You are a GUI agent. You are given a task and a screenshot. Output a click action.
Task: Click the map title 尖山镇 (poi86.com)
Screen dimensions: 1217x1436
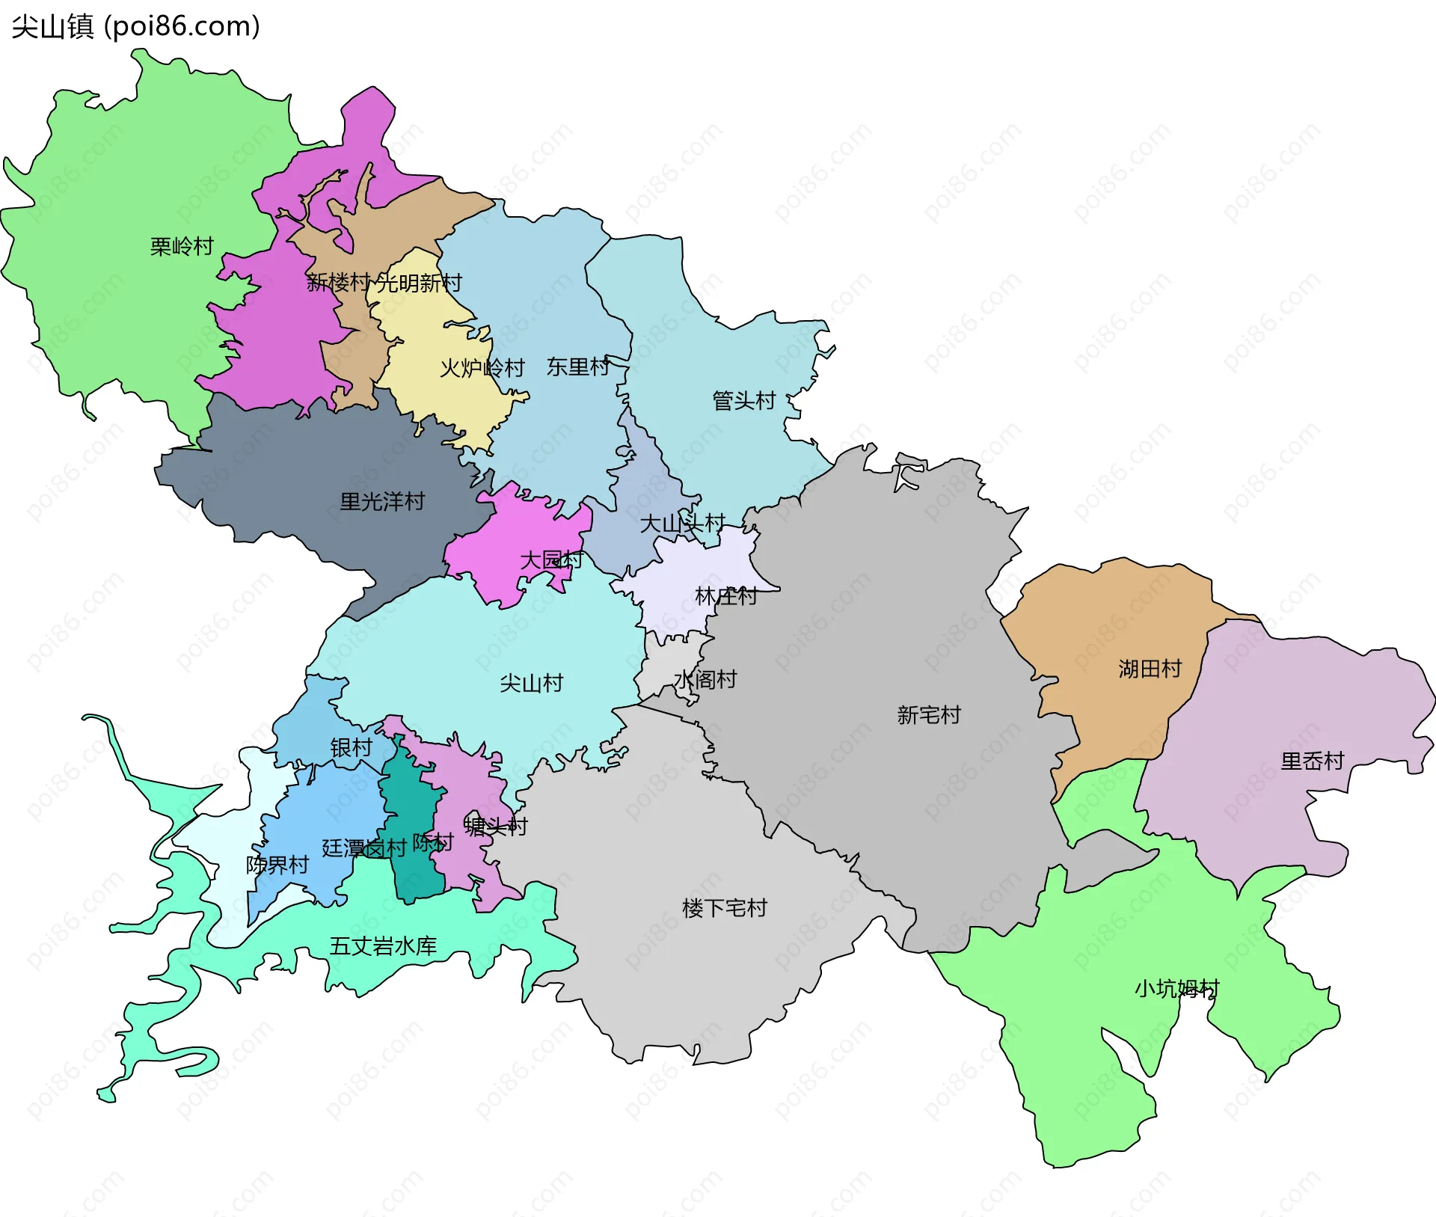click(x=135, y=26)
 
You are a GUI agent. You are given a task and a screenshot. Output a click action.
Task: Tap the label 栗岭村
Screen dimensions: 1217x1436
click(x=182, y=246)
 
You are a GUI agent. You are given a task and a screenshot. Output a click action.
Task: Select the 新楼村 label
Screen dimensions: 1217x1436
click(x=338, y=282)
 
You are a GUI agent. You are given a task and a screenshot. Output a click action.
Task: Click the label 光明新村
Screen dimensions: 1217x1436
click(x=420, y=283)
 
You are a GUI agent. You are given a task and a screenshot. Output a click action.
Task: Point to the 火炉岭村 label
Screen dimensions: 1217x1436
click(x=482, y=368)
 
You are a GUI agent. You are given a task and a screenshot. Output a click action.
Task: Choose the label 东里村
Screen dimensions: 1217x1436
click(x=578, y=367)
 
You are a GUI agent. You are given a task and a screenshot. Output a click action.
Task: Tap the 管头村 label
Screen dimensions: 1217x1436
click(x=743, y=400)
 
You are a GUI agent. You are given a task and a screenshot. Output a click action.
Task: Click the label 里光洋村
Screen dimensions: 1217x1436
click(x=382, y=501)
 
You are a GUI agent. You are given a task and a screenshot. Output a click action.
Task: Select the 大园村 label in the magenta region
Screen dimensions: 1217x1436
click(x=551, y=560)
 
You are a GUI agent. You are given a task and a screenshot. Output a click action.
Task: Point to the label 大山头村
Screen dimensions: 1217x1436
click(x=682, y=523)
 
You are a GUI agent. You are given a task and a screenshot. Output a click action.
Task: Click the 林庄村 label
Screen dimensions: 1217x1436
click(x=725, y=596)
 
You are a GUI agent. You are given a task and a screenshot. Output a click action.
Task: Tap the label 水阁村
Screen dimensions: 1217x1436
click(x=705, y=679)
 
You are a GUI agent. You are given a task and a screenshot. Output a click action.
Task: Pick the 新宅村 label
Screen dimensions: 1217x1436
click(x=928, y=715)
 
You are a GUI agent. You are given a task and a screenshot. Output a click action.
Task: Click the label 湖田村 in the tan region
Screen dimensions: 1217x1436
click(x=1150, y=669)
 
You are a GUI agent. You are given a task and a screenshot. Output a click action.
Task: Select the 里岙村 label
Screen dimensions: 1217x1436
click(x=1312, y=761)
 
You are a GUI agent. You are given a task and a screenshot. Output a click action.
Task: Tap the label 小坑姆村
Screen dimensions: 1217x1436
click(x=1176, y=989)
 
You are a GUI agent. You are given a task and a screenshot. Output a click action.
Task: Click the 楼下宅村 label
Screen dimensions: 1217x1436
click(x=724, y=908)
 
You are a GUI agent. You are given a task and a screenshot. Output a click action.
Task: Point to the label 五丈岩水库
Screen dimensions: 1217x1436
click(x=383, y=946)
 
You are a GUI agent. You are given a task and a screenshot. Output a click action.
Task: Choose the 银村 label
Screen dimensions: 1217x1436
click(x=351, y=747)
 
